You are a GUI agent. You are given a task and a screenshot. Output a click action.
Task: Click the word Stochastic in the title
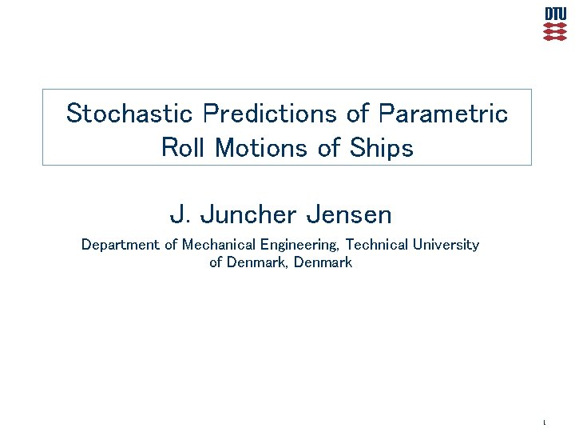click(129, 114)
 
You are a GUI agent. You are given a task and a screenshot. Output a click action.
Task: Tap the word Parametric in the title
click(443, 114)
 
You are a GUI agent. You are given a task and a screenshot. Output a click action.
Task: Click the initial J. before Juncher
click(179, 215)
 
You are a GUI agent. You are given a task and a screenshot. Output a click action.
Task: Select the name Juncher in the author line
click(248, 215)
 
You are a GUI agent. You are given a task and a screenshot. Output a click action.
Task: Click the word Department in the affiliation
click(121, 245)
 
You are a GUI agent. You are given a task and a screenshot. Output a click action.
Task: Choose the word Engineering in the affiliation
click(300, 245)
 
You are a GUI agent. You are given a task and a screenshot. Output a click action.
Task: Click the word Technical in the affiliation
click(376, 245)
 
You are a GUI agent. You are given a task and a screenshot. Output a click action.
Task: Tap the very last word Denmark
click(323, 262)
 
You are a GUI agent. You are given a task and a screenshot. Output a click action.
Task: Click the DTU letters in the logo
click(556, 14)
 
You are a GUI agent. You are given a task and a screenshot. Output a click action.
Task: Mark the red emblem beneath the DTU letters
click(556, 31)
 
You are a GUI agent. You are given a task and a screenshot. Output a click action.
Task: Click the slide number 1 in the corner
click(544, 422)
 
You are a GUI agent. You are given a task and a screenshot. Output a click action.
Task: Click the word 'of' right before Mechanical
click(171, 245)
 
